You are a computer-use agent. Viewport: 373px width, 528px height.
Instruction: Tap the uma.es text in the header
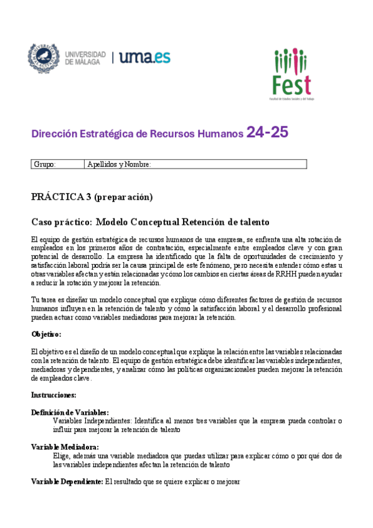pyautogui.click(x=144, y=58)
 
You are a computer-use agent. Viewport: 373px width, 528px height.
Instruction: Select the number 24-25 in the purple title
pyautogui.click(x=267, y=133)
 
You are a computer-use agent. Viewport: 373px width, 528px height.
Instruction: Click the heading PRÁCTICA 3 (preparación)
pyautogui.click(x=92, y=197)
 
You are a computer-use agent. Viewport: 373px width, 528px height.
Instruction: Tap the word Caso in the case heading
pyautogui.click(x=44, y=222)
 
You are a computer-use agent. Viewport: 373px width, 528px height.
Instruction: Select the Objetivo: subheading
pyautogui.click(x=46, y=334)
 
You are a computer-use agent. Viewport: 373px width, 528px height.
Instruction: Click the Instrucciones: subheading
pyautogui.click(x=54, y=395)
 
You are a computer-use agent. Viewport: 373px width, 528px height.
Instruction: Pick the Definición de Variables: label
pyautogui.click(x=70, y=412)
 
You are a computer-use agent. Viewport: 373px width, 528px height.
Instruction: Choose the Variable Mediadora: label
pyautogui.click(x=65, y=446)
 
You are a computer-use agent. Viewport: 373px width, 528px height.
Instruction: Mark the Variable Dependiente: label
pyautogui.click(x=67, y=481)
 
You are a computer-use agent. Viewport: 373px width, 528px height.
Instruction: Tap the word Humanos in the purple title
pyautogui.click(x=220, y=133)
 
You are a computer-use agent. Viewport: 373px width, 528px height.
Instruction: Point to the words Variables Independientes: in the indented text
pyautogui.click(x=92, y=421)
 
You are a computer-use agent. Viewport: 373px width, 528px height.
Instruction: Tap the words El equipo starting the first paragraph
pyautogui.click(x=48, y=240)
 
